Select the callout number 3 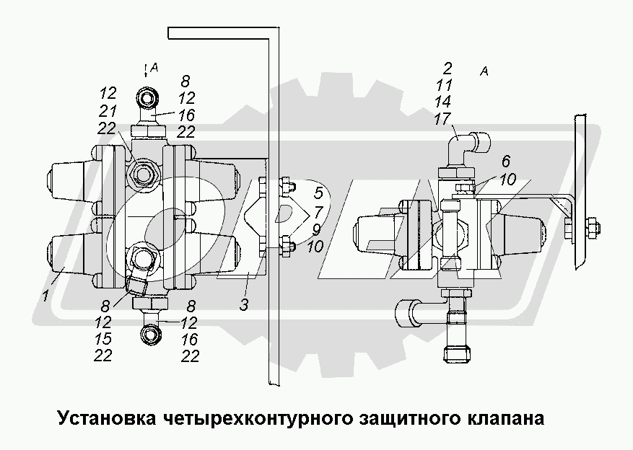(244, 304)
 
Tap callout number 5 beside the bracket (318, 193)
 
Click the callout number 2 (448, 69)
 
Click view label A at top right (484, 71)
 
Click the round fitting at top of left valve (149, 97)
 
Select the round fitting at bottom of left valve (152, 332)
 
